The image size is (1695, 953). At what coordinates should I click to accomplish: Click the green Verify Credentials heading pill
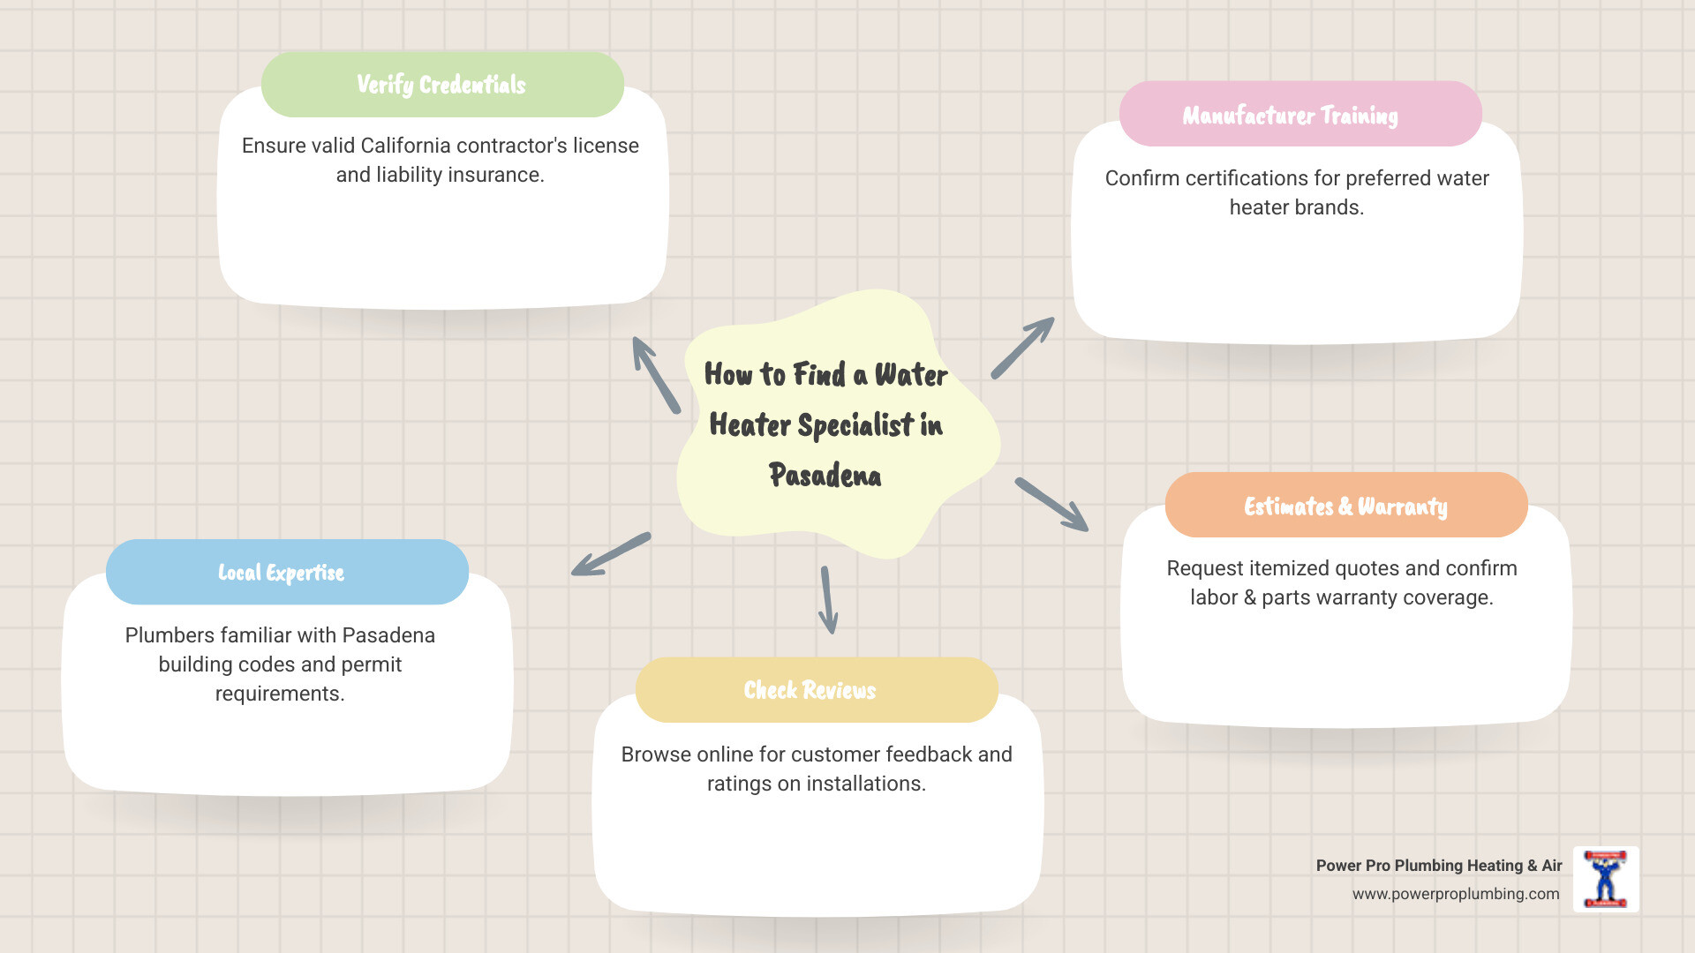pos(441,85)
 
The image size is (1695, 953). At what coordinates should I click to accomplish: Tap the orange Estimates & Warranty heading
pos(1345,506)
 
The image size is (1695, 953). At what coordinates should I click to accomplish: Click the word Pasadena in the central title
pos(825,476)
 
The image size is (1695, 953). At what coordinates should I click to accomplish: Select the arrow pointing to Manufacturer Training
pos(1023,348)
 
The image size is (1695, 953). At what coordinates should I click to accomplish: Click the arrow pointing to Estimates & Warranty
pos(1051,505)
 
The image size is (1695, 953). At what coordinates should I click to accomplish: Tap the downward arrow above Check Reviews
pos(827,600)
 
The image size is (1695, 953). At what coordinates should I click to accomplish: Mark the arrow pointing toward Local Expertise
pos(611,554)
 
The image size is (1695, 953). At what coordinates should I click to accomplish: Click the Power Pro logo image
pos(1605,879)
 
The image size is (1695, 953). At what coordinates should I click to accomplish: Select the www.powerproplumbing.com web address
pos(1455,894)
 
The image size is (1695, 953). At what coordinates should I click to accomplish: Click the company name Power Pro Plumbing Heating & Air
pos(1438,866)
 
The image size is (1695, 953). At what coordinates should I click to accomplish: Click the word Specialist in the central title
pos(855,425)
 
